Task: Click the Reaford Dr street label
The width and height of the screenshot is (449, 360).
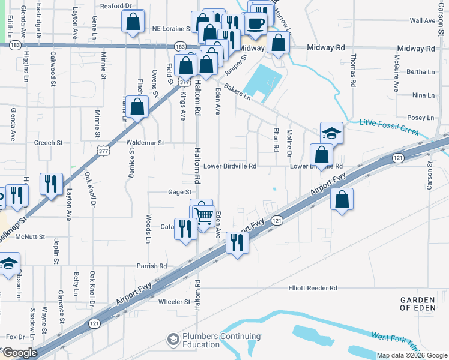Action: (x=116, y=6)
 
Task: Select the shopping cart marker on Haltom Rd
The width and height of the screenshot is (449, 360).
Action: (x=204, y=215)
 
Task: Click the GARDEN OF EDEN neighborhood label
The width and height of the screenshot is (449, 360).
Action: (x=423, y=304)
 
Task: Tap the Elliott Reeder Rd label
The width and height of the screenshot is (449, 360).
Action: (x=313, y=289)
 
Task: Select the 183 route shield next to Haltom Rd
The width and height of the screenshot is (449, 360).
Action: (x=180, y=46)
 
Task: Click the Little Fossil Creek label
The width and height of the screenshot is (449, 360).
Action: (x=390, y=127)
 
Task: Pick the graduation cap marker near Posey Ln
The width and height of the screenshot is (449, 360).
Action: (x=331, y=133)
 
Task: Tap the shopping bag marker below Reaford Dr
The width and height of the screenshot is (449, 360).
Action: (x=133, y=22)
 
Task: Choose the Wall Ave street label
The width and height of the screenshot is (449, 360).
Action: (x=422, y=20)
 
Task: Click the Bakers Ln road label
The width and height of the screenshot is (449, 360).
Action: (x=237, y=91)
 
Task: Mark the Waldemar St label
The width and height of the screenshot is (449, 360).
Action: (x=145, y=143)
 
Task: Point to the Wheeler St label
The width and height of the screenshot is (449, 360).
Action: (x=173, y=302)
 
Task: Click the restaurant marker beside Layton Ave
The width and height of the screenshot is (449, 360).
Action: (x=50, y=182)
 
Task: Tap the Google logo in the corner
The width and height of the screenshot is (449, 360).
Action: (x=19, y=353)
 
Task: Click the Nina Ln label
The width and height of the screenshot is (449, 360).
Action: (x=423, y=95)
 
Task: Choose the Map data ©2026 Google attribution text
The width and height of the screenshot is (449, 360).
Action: (x=411, y=355)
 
